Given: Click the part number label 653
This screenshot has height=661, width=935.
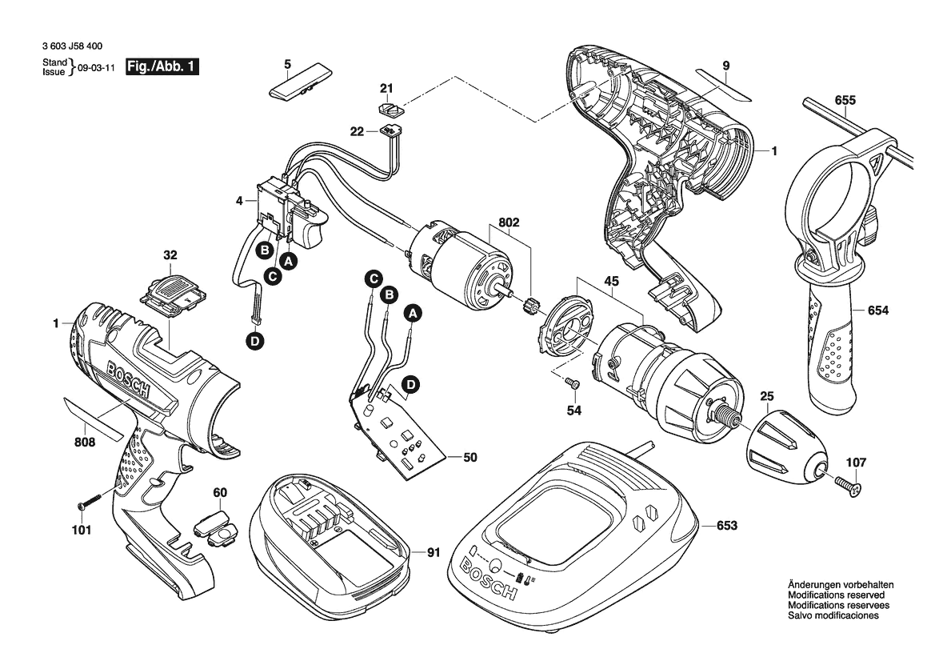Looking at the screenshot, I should click(x=727, y=526).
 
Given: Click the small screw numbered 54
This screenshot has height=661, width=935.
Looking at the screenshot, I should click(x=573, y=384).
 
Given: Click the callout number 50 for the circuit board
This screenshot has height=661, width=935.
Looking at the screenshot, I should click(x=470, y=458).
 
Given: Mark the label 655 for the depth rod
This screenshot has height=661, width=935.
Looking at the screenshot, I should click(x=845, y=100).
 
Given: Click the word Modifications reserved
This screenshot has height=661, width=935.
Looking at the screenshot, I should click(x=836, y=595).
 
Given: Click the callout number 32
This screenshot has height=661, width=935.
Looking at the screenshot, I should click(x=170, y=255).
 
